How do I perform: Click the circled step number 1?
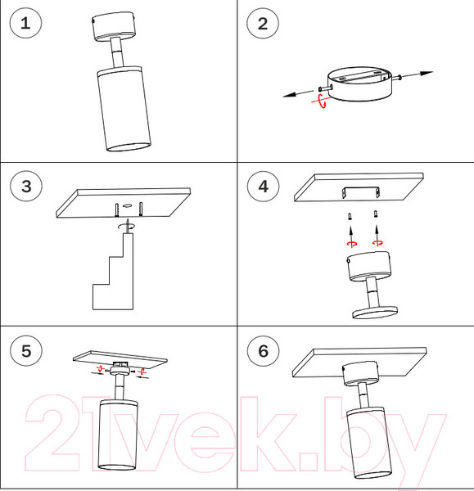click(25, 23)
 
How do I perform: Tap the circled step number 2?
click(263, 24)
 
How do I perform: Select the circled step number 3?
click(26, 186)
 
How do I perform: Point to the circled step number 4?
click(263, 187)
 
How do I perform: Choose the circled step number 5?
click(26, 350)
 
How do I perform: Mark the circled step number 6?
click(263, 350)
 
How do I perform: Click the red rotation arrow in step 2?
click(320, 101)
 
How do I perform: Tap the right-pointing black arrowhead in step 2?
click(427, 74)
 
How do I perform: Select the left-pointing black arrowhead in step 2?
click(290, 95)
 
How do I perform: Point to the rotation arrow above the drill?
click(127, 226)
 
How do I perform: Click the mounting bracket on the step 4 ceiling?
click(361, 192)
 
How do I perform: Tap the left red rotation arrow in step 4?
click(352, 244)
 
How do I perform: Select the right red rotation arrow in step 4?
click(377, 242)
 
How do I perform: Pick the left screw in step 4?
click(350, 216)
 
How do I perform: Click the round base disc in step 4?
click(375, 313)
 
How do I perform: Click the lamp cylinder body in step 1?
click(124, 109)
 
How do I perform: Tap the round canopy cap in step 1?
click(114, 26)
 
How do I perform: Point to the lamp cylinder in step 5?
click(118, 435)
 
